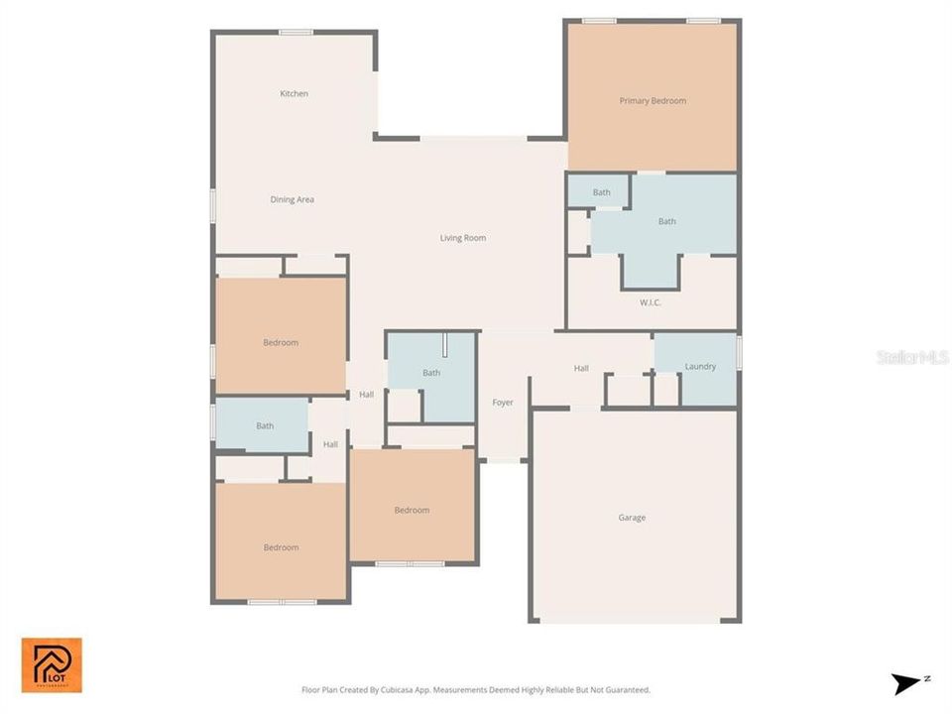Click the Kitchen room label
point(294,94)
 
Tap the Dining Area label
point(293,199)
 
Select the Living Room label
point(463,238)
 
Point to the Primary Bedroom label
point(653,101)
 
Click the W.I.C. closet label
point(651,302)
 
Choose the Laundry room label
point(700,367)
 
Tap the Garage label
point(632,518)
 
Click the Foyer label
point(503,403)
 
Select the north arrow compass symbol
point(905,683)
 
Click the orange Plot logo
point(52,664)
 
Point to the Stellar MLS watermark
point(912,357)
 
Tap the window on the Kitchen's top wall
point(296,32)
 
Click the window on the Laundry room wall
point(739,352)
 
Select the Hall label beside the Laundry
point(581,369)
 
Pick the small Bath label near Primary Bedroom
point(602,192)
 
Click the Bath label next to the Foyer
point(431,373)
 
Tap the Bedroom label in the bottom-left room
point(281,547)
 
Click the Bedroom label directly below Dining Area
point(281,343)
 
